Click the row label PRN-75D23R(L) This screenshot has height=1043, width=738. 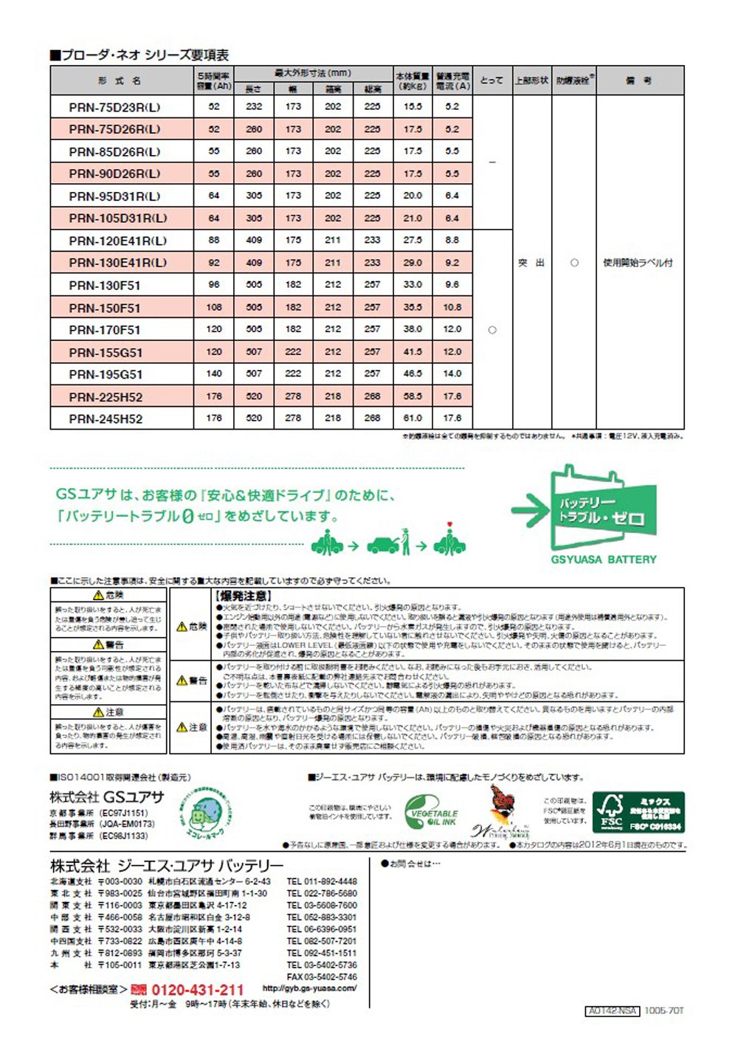[114, 107]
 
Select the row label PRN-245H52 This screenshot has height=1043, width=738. [106, 419]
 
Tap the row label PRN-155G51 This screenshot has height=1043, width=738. [106, 352]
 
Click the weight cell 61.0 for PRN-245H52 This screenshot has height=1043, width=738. [413, 418]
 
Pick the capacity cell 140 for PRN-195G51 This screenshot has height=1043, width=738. [214, 374]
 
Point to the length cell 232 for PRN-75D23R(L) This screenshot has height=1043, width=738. [254, 106]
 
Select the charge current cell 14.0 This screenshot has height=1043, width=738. [452, 374]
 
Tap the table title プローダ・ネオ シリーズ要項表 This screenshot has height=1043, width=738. [139, 55]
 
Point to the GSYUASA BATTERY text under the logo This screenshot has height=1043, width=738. [603, 560]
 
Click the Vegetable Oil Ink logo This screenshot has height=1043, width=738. [432, 812]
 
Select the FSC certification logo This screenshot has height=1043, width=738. [639, 812]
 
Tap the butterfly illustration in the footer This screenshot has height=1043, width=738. [503, 804]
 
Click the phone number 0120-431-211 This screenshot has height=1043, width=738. [197, 990]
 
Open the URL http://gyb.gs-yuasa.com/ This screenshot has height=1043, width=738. [309, 988]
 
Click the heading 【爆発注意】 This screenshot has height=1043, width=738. [243, 596]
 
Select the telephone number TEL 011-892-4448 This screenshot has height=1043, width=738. [322, 881]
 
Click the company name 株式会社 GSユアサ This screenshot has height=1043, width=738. [107, 796]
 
